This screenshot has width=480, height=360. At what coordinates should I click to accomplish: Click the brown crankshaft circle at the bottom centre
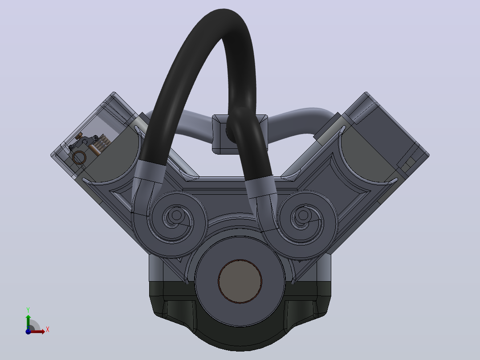(x=240, y=281)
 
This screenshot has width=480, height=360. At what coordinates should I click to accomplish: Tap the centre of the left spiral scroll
(x=176, y=215)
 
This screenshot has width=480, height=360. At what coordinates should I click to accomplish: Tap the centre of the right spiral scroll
(x=303, y=215)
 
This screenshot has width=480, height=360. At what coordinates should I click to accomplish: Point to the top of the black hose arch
(x=224, y=14)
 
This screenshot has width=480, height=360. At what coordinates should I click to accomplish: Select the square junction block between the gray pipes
(x=240, y=134)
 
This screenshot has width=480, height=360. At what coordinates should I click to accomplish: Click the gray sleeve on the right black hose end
(x=260, y=187)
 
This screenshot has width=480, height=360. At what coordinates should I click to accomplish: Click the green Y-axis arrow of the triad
(x=28, y=322)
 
